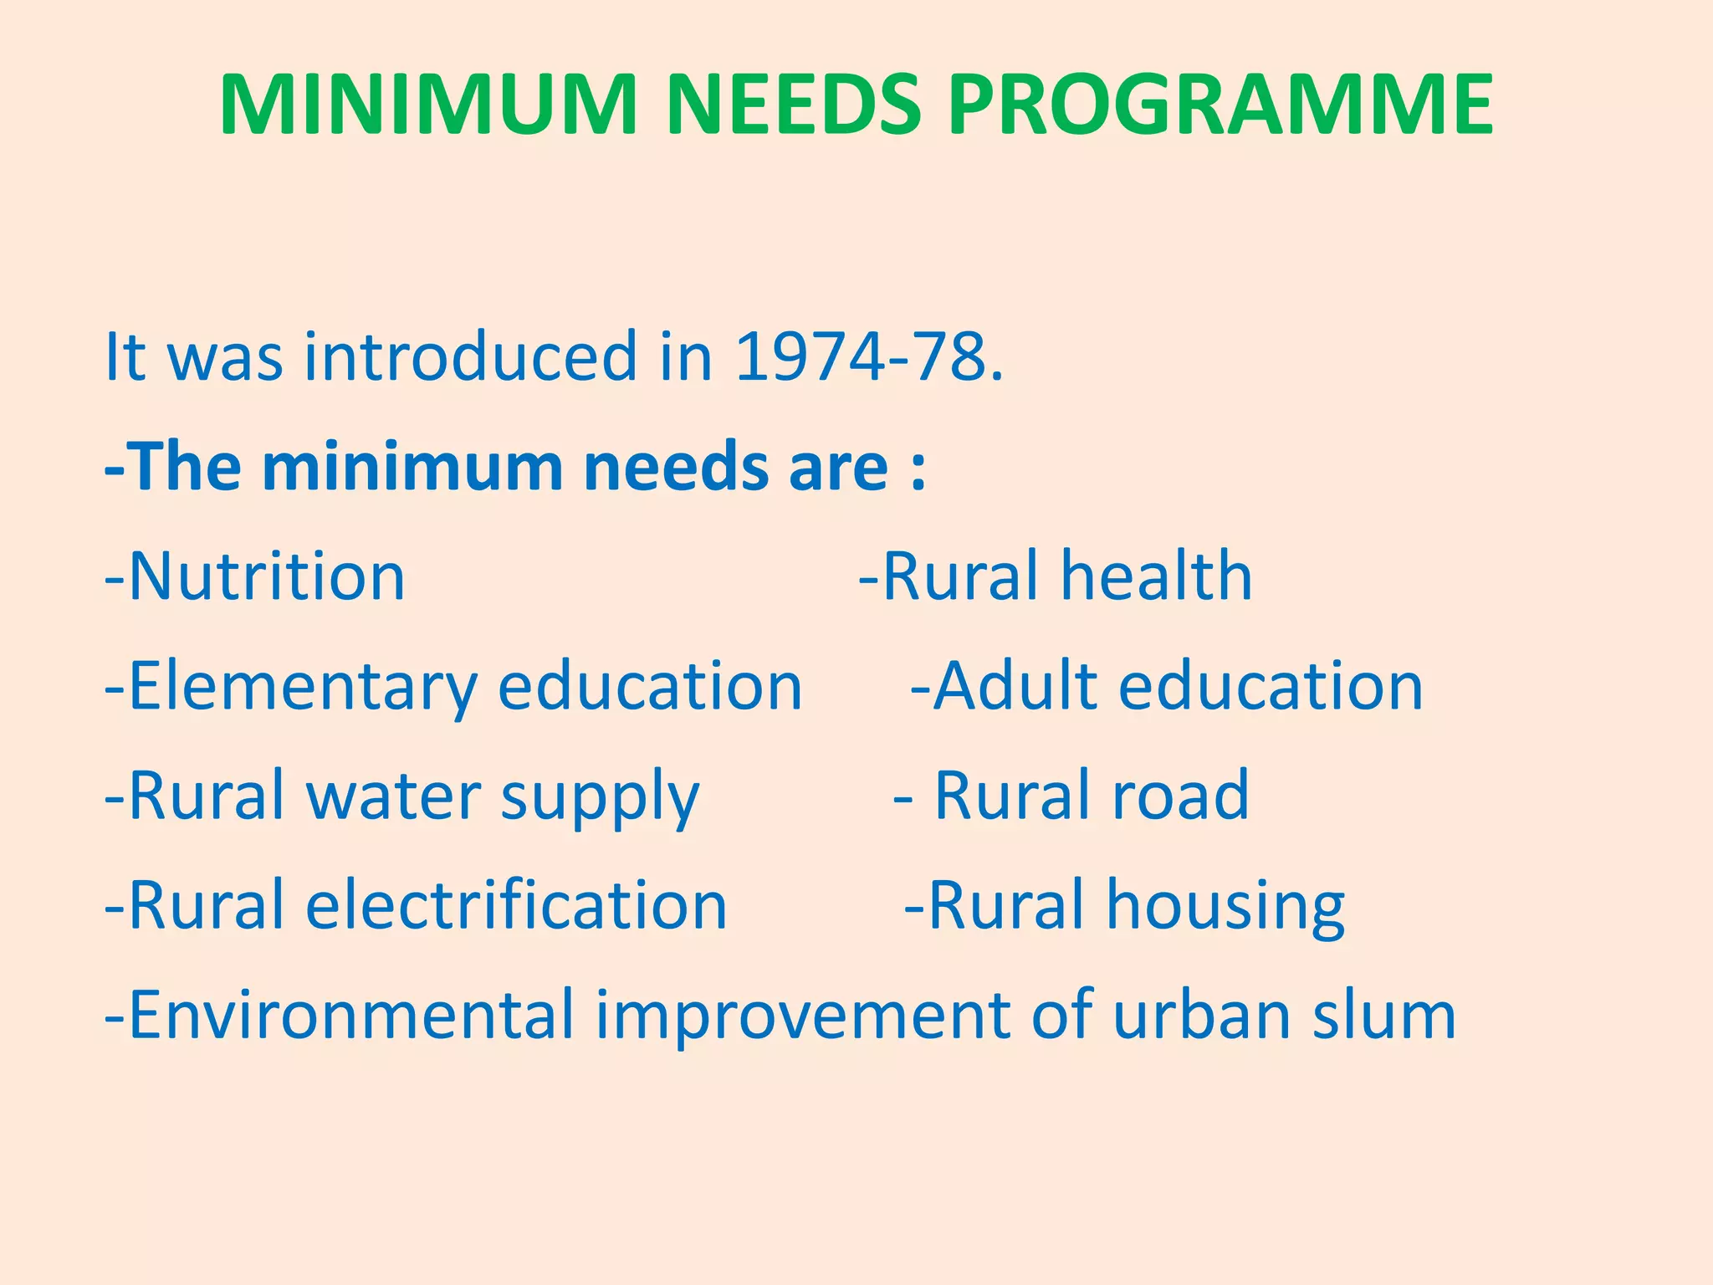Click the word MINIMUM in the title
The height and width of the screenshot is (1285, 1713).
click(x=428, y=105)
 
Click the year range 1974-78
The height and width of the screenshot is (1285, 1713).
click(x=868, y=357)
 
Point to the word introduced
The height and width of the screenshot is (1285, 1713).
click(x=471, y=357)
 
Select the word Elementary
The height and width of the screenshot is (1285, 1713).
click(x=302, y=687)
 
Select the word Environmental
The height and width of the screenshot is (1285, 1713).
click(x=351, y=1016)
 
